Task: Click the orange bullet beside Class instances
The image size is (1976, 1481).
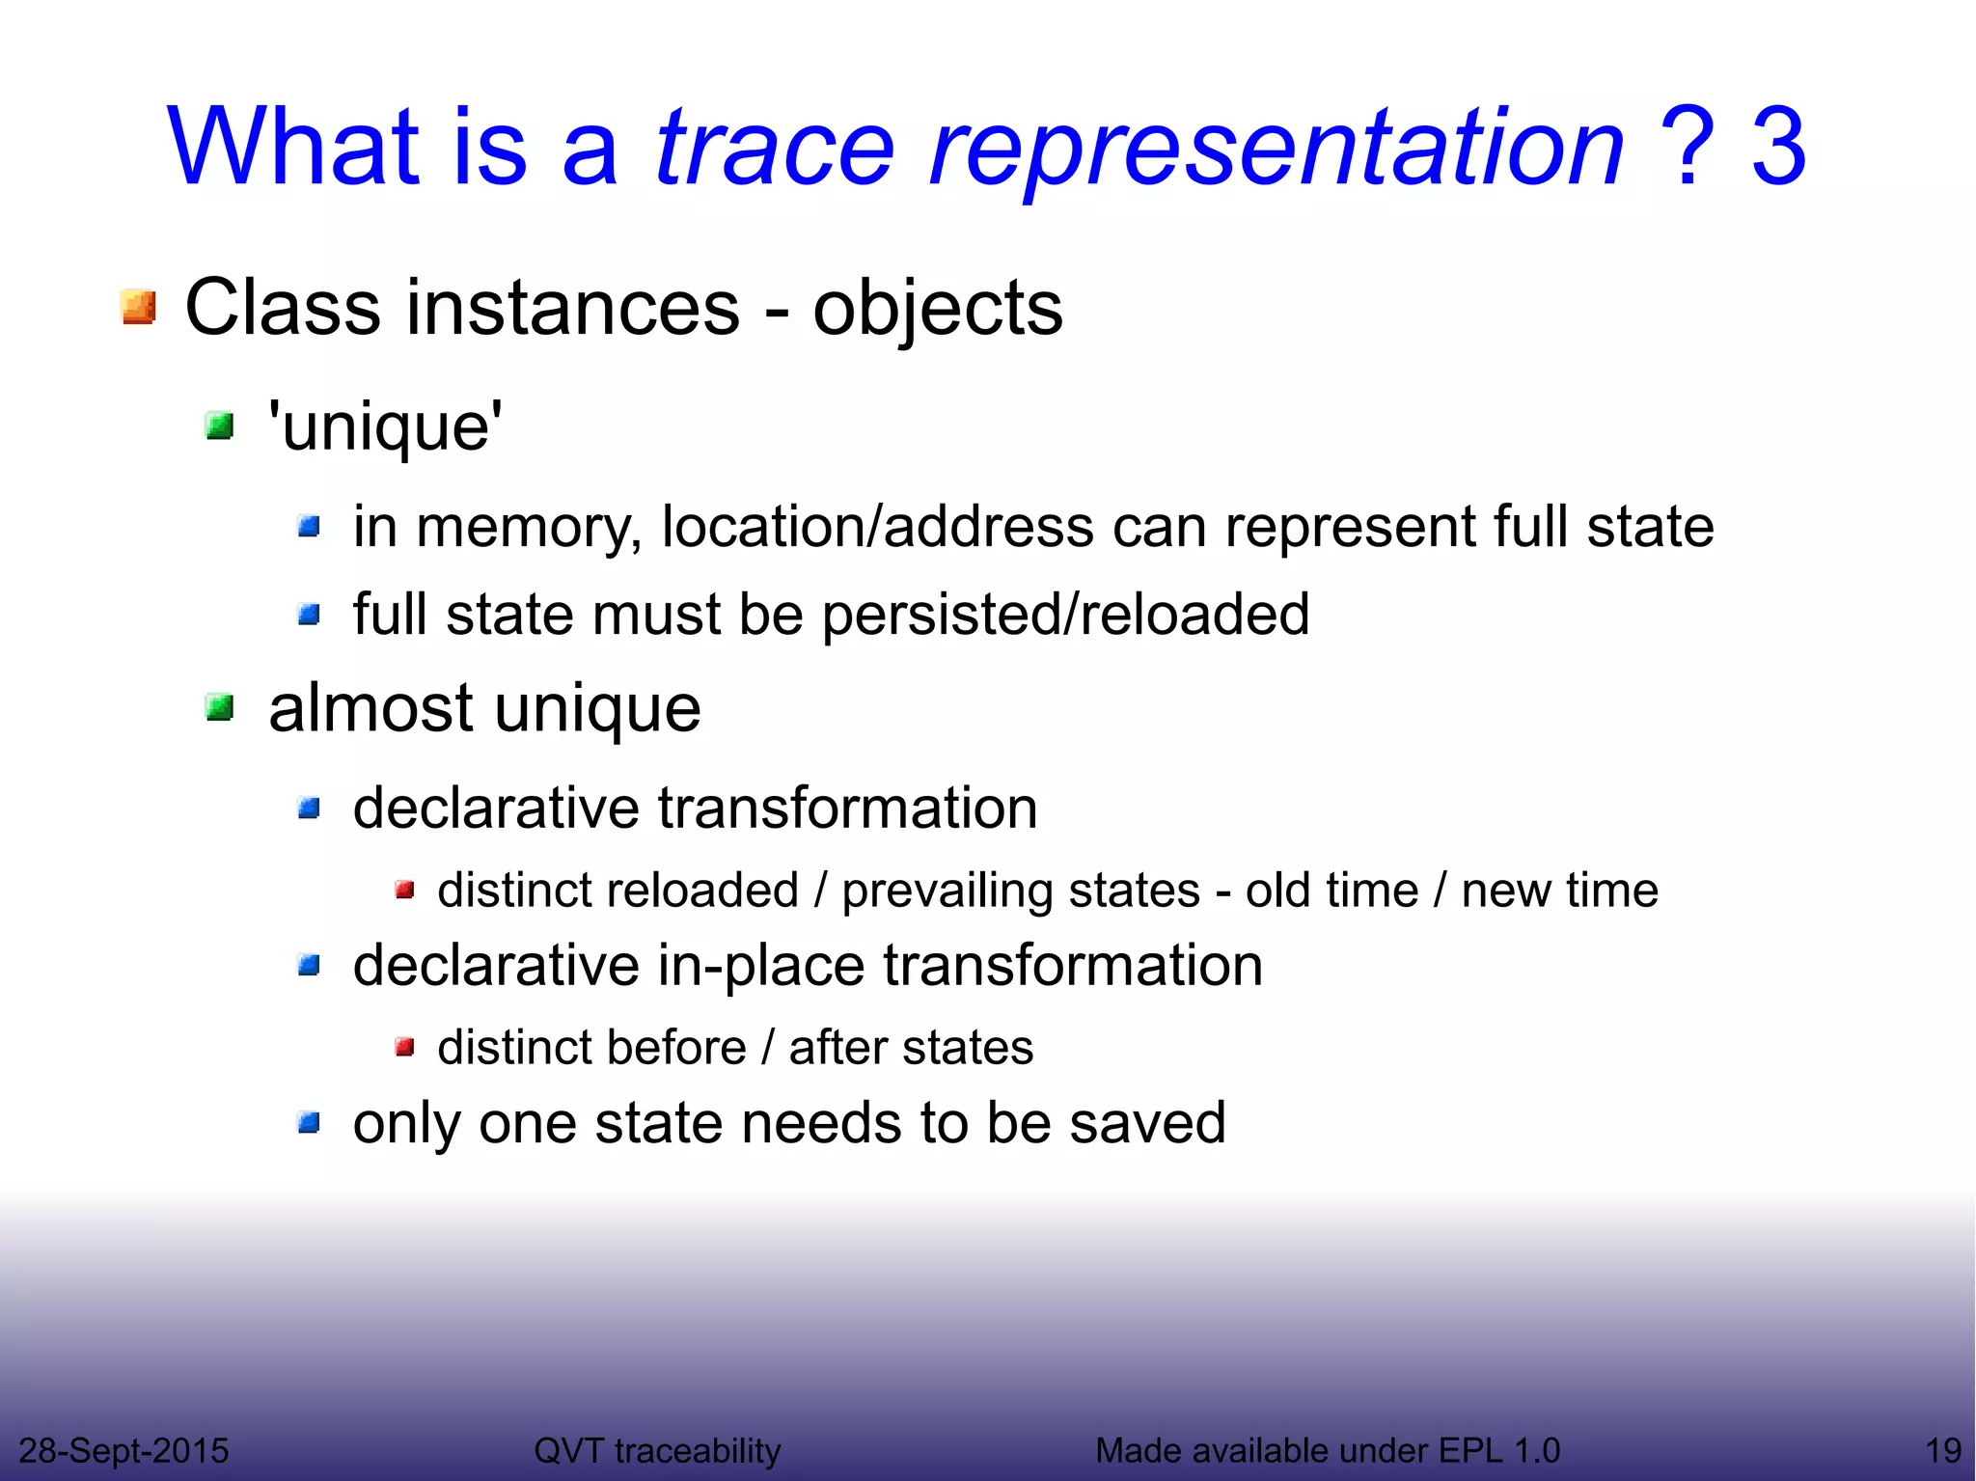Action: [139, 308]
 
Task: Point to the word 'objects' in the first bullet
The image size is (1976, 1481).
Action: [937, 309]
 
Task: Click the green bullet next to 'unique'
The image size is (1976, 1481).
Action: [220, 425]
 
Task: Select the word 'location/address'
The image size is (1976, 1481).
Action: [877, 527]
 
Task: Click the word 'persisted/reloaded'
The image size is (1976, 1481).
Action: [1065, 615]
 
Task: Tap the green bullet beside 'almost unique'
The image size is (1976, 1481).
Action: [220, 708]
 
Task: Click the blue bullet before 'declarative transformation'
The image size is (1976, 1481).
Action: [309, 808]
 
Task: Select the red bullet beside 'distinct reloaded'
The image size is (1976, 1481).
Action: [405, 890]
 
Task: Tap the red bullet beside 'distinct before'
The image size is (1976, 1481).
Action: [405, 1047]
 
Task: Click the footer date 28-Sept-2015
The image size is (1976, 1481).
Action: [123, 1450]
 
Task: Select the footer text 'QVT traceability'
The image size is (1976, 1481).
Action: [657, 1450]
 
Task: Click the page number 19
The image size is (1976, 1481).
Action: [1943, 1450]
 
